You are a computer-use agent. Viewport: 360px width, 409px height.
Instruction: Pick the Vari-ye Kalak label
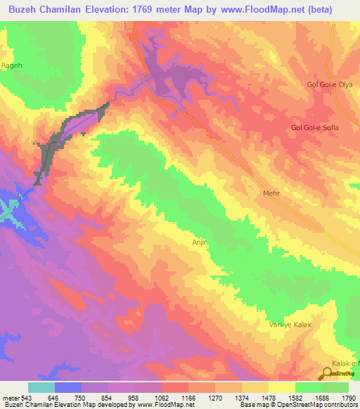click(290, 325)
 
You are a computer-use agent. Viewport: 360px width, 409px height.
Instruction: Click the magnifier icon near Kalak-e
click(328, 372)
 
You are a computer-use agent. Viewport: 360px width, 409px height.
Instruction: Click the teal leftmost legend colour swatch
click(41, 387)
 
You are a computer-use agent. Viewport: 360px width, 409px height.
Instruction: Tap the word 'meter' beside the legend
click(9, 398)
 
